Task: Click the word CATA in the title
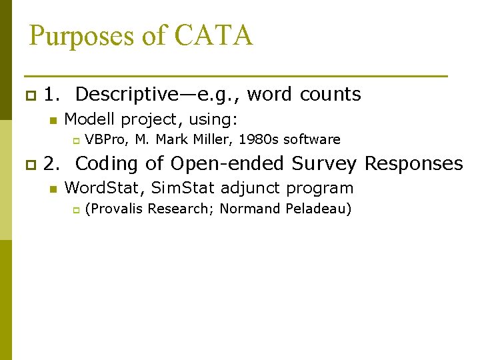214,35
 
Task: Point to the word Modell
90,119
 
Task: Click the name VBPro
107,139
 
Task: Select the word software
312,139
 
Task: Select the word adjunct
253,188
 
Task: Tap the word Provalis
117,209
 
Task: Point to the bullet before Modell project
51,121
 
